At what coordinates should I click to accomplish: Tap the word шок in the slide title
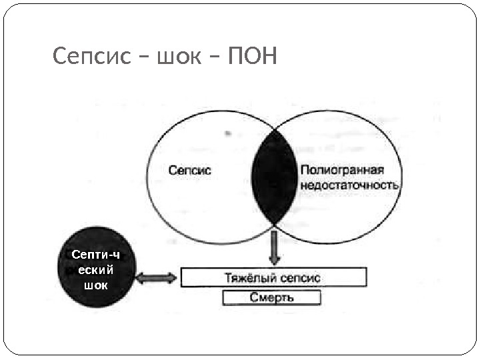click(178, 58)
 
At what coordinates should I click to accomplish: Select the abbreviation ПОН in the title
click(251, 58)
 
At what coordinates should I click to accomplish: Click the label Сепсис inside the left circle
click(190, 170)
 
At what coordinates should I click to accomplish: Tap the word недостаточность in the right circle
click(350, 185)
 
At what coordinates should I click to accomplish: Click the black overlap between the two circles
click(273, 177)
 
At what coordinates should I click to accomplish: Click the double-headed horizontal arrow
click(157, 277)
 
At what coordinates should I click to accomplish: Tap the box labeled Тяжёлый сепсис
click(273, 277)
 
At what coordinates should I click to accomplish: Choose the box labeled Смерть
click(271, 297)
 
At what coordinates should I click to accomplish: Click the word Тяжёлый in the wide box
click(246, 277)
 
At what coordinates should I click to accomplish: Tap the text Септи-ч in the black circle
click(96, 255)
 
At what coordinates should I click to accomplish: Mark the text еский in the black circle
click(96, 270)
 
